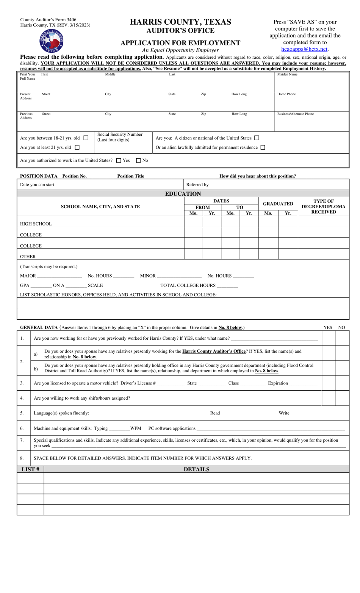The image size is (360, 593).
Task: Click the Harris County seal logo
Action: click(52, 41)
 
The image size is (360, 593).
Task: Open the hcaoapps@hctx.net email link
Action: click(304, 49)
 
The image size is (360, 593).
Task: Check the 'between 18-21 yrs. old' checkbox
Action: click(86, 138)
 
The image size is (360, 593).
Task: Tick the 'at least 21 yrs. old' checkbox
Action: click(77, 147)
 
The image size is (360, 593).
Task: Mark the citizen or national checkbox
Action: click(257, 138)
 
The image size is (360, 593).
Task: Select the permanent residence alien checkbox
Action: click(263, 147)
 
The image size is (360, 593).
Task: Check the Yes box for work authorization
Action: click(119, 160)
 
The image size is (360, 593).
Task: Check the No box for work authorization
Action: click(138, 160)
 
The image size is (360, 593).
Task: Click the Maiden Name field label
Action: click(287, 74)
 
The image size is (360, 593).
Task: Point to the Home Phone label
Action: click(286, 94)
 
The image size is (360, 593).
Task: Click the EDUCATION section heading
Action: click(183, 194)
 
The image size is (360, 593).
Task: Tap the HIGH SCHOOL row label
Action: click(36, 224)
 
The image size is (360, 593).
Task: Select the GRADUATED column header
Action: click(278, 204)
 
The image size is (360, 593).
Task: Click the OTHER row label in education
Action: click(28, 257)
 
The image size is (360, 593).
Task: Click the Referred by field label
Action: click(197, 185)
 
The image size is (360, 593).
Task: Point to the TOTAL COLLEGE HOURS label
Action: click(188, 286)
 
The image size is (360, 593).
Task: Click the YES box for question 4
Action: click(328, 398)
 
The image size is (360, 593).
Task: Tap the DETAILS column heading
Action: click(196, 469)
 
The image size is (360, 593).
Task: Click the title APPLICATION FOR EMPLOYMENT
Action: click(180, 43)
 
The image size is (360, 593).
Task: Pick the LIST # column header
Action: click(30, 469)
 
